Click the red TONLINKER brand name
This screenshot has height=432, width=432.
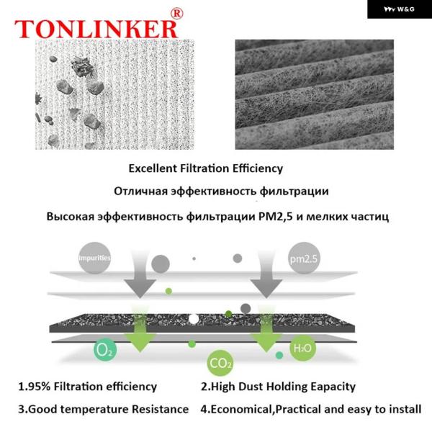[x=96, y=29]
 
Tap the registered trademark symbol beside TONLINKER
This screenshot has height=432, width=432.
[x=176, y=14]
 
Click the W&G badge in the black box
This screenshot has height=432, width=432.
[x=399, y=9]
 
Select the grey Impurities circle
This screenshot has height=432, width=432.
[x=94, y=258]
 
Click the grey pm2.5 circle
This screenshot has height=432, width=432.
[x=304, y=258]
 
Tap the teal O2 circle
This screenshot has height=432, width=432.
[x=104, y=350]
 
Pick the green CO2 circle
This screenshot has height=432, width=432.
[x=220, y=363]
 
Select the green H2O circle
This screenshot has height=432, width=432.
[x=302, y=348]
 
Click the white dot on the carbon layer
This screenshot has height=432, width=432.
[x=194, y=319]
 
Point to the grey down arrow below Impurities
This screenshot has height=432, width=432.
[x=140, y=276]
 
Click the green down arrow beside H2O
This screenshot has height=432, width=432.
[x=266, y=330]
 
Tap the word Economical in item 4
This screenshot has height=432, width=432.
[x=240, y=410]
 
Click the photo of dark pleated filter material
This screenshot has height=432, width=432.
[x=315, y=94]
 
